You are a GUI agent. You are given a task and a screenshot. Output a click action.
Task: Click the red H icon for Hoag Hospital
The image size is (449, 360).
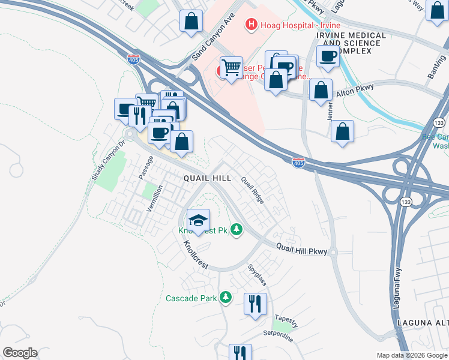point(251,25)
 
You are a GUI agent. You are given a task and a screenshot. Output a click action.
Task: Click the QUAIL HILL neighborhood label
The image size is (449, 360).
point(207,178)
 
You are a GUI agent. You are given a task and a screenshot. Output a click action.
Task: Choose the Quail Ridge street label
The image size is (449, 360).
point(253,190)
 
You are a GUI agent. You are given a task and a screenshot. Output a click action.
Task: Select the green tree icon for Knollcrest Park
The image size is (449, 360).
point(237,230)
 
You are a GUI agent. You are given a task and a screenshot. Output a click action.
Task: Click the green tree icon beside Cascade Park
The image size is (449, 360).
point(226,297)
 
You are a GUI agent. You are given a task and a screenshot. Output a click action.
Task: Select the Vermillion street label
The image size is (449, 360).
point(154,198)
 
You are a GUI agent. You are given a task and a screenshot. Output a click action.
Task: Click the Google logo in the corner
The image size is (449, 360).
point(20,353)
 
